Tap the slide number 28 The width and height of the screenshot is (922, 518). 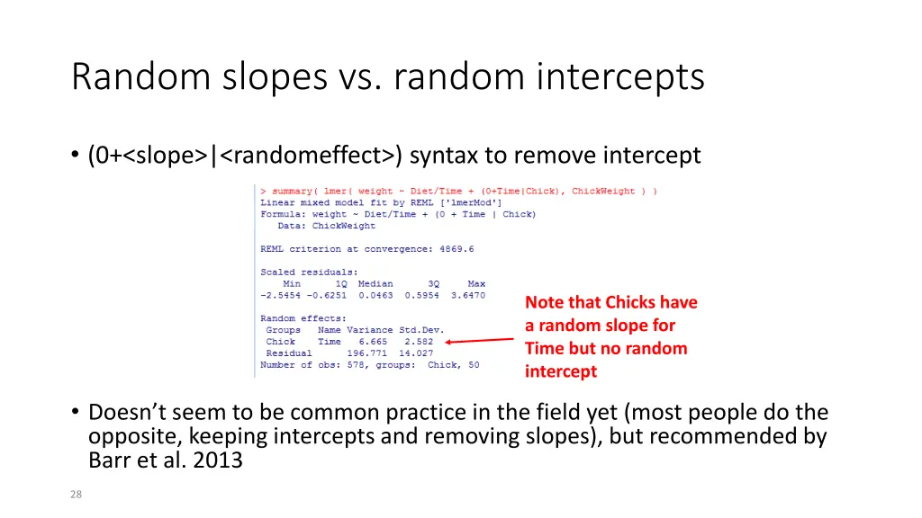click(x=77, y=493)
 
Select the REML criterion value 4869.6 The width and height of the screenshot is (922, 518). click(x=456, y=249)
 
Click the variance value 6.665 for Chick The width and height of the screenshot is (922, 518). click(x=373, y=342)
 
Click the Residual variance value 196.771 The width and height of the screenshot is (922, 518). click(x=367, y=353)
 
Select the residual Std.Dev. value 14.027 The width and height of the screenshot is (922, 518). click(x=416, y=353)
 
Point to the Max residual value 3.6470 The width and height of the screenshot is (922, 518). click(x=468, y=295)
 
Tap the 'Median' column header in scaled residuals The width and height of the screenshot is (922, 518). click(x=375, y=283)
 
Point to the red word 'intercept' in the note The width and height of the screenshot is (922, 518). click(x=561, y=371)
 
